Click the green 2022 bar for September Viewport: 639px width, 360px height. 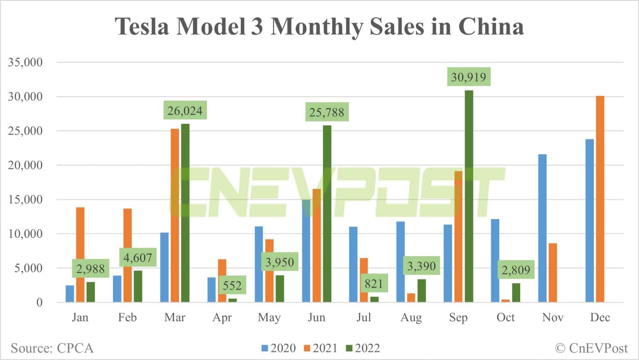point(469,196)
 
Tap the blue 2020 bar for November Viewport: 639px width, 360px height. point(542,228)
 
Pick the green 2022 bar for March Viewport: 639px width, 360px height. point(185,213)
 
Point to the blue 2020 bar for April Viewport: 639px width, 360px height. point(211,290)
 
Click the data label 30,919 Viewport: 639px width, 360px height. point(469,77)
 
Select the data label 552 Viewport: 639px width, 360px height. point(232,285)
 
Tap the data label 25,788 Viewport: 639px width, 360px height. point(327,112)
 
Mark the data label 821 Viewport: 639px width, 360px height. point(374,283)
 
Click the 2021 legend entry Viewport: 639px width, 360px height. point(321,348)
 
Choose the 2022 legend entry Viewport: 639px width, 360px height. point(363,348)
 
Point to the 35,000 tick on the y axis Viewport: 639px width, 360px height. point(26,62)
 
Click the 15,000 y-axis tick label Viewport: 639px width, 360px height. point(26,199)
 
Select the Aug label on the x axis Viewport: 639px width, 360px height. point(411,317)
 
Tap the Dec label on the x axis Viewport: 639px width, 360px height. point(600,317)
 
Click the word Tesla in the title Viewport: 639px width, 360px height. point(142,26)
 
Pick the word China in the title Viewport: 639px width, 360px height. point(491,26)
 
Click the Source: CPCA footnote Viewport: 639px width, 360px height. point(52,348)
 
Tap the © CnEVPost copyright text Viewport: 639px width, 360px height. point(591,348)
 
